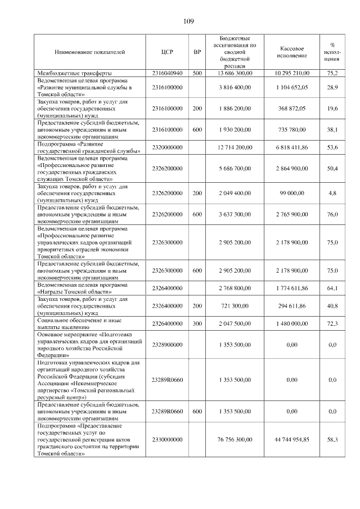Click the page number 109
[x=188, y=21]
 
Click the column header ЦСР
[x=167, y=52]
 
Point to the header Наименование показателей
[x=89, y=52]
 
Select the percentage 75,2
[x=332, y=73]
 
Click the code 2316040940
[x=167, y=73]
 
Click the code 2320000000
[x=167, y=147]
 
